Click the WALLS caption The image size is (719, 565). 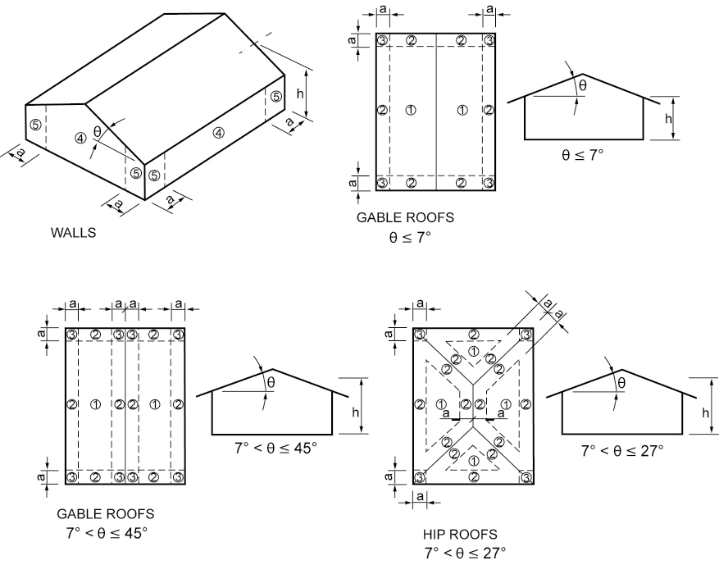tap(72, 232)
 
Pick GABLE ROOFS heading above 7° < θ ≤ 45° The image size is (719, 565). tap(105, 513)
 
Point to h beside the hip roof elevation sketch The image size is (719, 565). tap(705, 412)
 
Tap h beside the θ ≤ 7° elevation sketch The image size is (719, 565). tap(668, 118)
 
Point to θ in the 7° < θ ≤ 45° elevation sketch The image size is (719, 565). tap(272, 381)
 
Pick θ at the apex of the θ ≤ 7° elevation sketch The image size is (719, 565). tap(583, 85)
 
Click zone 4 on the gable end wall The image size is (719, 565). tap(80, 138)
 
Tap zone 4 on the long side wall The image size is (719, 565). tap(218, 132)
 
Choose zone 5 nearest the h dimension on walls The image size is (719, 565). tap(275, 97)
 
